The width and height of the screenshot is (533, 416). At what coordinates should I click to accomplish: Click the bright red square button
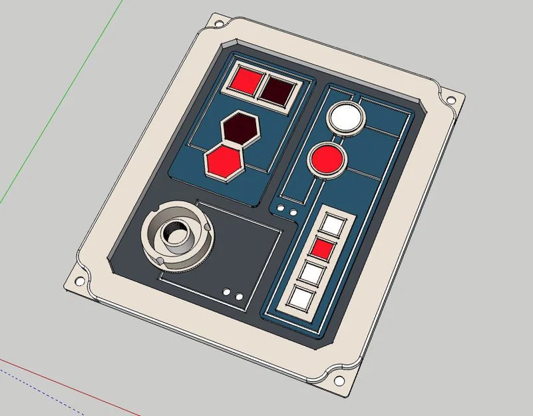click(x=246, y=82)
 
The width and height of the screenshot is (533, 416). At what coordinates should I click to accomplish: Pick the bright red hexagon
click(x=224, y=160)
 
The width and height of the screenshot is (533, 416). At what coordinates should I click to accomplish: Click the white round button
click(x=347, y=118)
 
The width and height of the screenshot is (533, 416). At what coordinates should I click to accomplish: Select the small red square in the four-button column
click(x=323, y=249)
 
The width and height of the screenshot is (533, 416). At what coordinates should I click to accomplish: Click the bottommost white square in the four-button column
click(x=303, y=297)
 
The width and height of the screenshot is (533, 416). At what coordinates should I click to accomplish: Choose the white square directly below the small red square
click(x=313, y=272)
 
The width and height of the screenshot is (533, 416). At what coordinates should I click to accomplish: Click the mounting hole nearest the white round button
click(x=450, y=101)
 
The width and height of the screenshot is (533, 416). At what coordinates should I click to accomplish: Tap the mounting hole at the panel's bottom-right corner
click(x=339, y=381)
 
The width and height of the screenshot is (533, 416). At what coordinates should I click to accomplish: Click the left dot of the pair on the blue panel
click(x=281, y=210)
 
